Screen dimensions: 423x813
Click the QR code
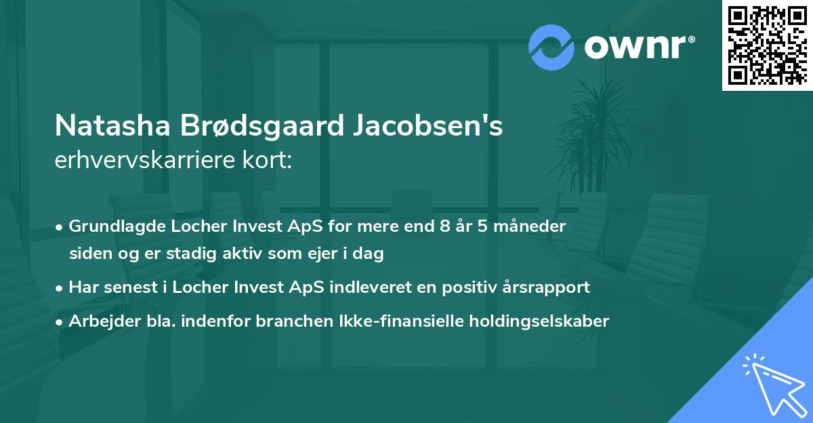click(767, 45)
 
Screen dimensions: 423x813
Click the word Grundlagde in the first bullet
click(108, 226)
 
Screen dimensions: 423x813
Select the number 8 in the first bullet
click(444, 226)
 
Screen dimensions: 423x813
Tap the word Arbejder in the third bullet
click(99, 321)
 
